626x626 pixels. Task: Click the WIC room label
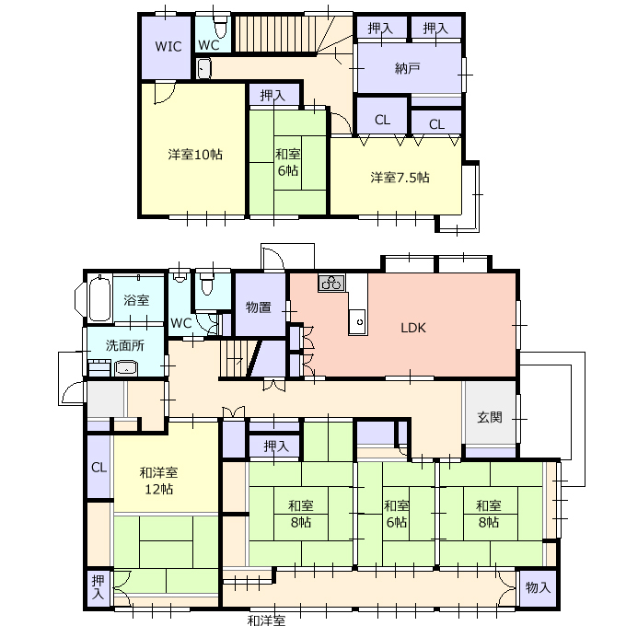tap(168, 46)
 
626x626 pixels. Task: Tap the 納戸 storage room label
tap(407, 69)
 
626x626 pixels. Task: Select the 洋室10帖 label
tap(195, 154)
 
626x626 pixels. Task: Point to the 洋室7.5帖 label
tap(400, 177)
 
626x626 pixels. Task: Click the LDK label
tap(413, 328)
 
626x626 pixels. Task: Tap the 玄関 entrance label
tap(490, 417)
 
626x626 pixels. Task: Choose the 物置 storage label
tap(259, 307)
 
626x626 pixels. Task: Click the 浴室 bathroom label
tap(136, 300)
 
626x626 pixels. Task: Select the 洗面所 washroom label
tap(125, 345)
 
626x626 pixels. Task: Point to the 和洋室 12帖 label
tap(158, 481)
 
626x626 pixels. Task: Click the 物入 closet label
tap(538, 587)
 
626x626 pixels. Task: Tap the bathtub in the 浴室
tap(99, 298)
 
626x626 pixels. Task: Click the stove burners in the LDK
tap(331, 283)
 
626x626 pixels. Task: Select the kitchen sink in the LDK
tap(358, 322)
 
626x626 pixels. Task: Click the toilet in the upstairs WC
tap(220, 27)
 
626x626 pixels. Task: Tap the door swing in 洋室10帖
tap(165, 93)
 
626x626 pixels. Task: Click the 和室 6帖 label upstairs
tap(287, 162)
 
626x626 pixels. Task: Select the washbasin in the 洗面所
tap(126, 368)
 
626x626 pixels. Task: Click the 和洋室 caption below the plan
tap(266, 620)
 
